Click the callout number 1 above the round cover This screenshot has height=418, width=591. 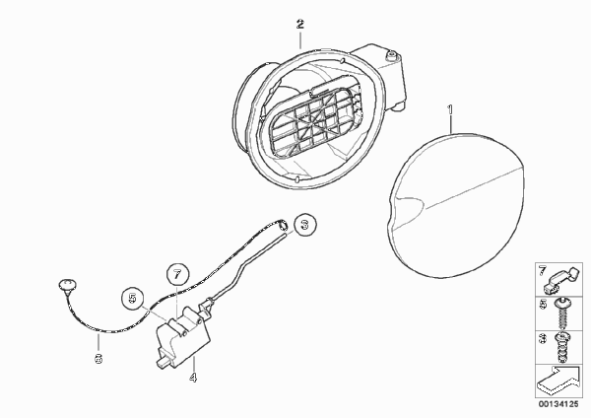pyautogui.click(x=450, y=110)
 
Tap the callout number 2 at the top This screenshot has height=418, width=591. pyautogui.click(x=300, y=25)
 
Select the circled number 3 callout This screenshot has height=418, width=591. pyautogui.click(x=305, y=225)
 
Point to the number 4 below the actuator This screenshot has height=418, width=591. pyautogui.click(x=193, y=378)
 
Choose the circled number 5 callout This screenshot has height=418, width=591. pyautogui.click(x=133, y=299)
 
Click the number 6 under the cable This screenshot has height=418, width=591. pyautogui.click(x=98, y=359)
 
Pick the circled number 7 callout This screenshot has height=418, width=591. pyautogui.click(x=177, y=275)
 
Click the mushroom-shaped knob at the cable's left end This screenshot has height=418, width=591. pyautogui.click(x=67, y=285)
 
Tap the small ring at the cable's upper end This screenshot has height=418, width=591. pyautogui.click(x=282, y=226)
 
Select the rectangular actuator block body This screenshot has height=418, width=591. pyautogui.click(x=183, y=337)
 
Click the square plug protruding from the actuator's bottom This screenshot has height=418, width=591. pyautogui.click(x=163, y=362)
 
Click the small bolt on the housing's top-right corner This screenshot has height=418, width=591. pyautogui.click(x=391, y=56)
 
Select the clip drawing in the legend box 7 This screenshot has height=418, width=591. pyautogui.click(x=561, y=280)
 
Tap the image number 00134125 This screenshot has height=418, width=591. pyautogui.click(x=558, y=404)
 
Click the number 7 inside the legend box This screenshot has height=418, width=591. pyautogui.click(x=542, y=271)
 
